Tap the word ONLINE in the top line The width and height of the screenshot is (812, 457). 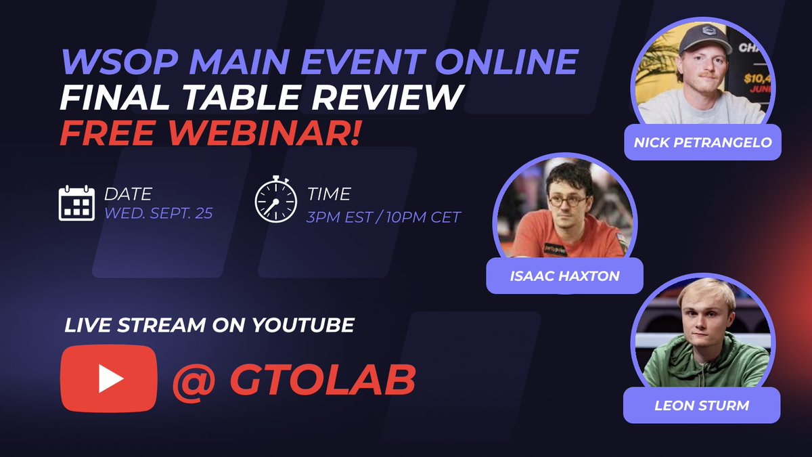[507, 62]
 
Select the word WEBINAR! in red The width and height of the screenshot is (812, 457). [263, 133]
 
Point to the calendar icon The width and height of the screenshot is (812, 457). [76, 203]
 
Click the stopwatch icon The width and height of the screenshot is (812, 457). [276, 199]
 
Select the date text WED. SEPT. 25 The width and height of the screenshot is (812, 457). [158, 213]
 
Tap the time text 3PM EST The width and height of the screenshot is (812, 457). [340, 217]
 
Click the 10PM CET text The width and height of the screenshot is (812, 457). [424, 217]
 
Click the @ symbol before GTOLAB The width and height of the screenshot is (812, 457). [194, 383]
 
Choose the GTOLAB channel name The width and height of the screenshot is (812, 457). [323, 380]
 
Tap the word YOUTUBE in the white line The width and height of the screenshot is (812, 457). [303, 325]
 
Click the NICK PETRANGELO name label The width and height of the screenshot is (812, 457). [702, 142]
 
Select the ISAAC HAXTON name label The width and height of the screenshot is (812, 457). [565, 276]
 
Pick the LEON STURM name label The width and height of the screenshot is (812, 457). [702, 405]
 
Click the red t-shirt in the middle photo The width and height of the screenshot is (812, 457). [566, 236]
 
